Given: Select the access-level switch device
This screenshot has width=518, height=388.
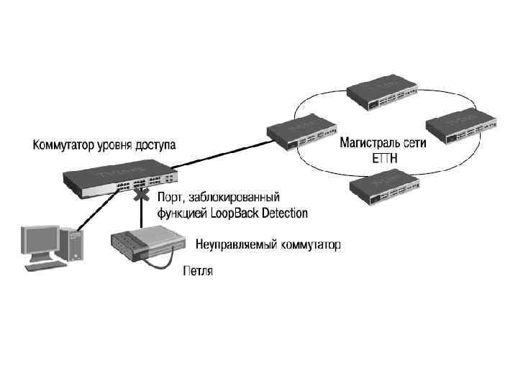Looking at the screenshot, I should (x=119, y=179).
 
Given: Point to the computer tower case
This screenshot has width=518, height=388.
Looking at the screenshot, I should (x=72, y=245).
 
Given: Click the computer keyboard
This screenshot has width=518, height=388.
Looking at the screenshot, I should (x=46, y=265).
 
